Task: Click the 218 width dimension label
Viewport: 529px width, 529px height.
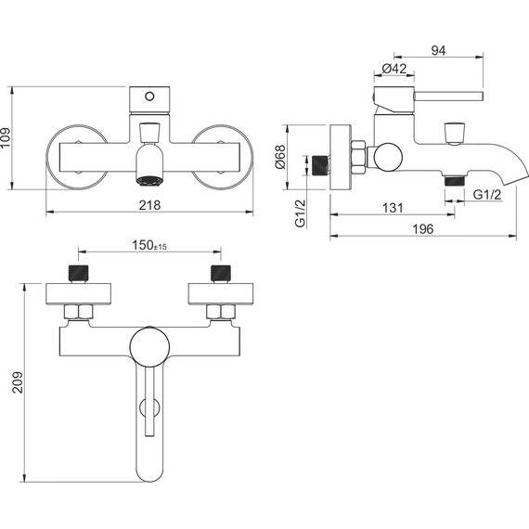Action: point(149,205)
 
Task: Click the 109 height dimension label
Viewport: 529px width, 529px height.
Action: point(6,137)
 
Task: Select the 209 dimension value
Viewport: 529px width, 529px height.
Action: point(18,382)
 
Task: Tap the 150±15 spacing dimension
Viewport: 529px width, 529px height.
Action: point(149,245)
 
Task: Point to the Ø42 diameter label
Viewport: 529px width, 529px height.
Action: point(394,69)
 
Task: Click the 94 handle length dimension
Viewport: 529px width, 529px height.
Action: point(438,51)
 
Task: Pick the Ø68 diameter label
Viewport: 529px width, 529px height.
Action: point(280,157)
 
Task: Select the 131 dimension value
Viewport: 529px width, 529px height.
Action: point(393,208)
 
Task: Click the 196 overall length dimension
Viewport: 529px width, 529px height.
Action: point(423,229)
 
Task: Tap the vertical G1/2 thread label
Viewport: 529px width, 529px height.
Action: point(301,213)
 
